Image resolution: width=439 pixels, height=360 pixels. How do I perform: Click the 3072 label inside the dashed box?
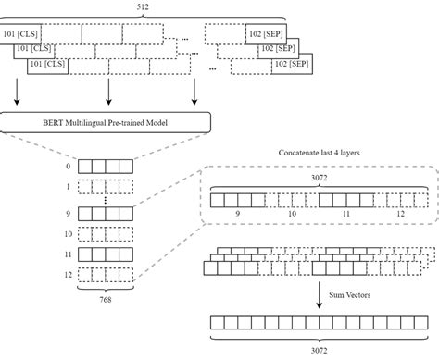(322, 183)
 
